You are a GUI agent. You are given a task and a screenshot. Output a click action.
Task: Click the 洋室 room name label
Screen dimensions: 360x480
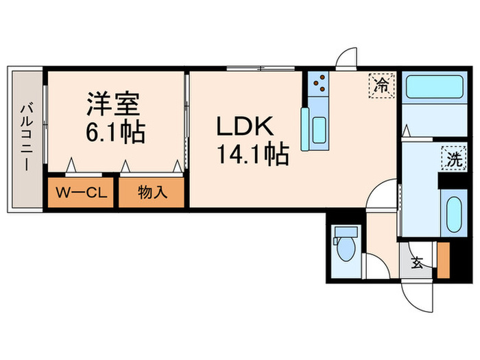[x=113, y=104]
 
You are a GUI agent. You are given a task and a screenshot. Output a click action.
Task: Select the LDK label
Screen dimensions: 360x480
[x=245, y=128]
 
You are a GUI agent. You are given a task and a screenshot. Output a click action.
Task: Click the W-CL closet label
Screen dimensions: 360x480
[x=80, y=193]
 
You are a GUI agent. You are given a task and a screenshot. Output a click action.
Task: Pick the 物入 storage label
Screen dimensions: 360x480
[x=152, y=193]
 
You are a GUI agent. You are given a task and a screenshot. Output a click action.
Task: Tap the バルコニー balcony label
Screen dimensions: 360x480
[x=25, y=137]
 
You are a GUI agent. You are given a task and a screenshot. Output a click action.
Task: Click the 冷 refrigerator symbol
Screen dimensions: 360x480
[x=382, y=86]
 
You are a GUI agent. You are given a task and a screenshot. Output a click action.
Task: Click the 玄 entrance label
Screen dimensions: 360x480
[x=416, y=261]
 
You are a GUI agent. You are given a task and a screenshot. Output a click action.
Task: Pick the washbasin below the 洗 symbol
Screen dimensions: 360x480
[x=454, y=215]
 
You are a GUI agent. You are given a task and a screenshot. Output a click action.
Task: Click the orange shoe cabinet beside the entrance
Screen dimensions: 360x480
[x=442, y=261]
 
